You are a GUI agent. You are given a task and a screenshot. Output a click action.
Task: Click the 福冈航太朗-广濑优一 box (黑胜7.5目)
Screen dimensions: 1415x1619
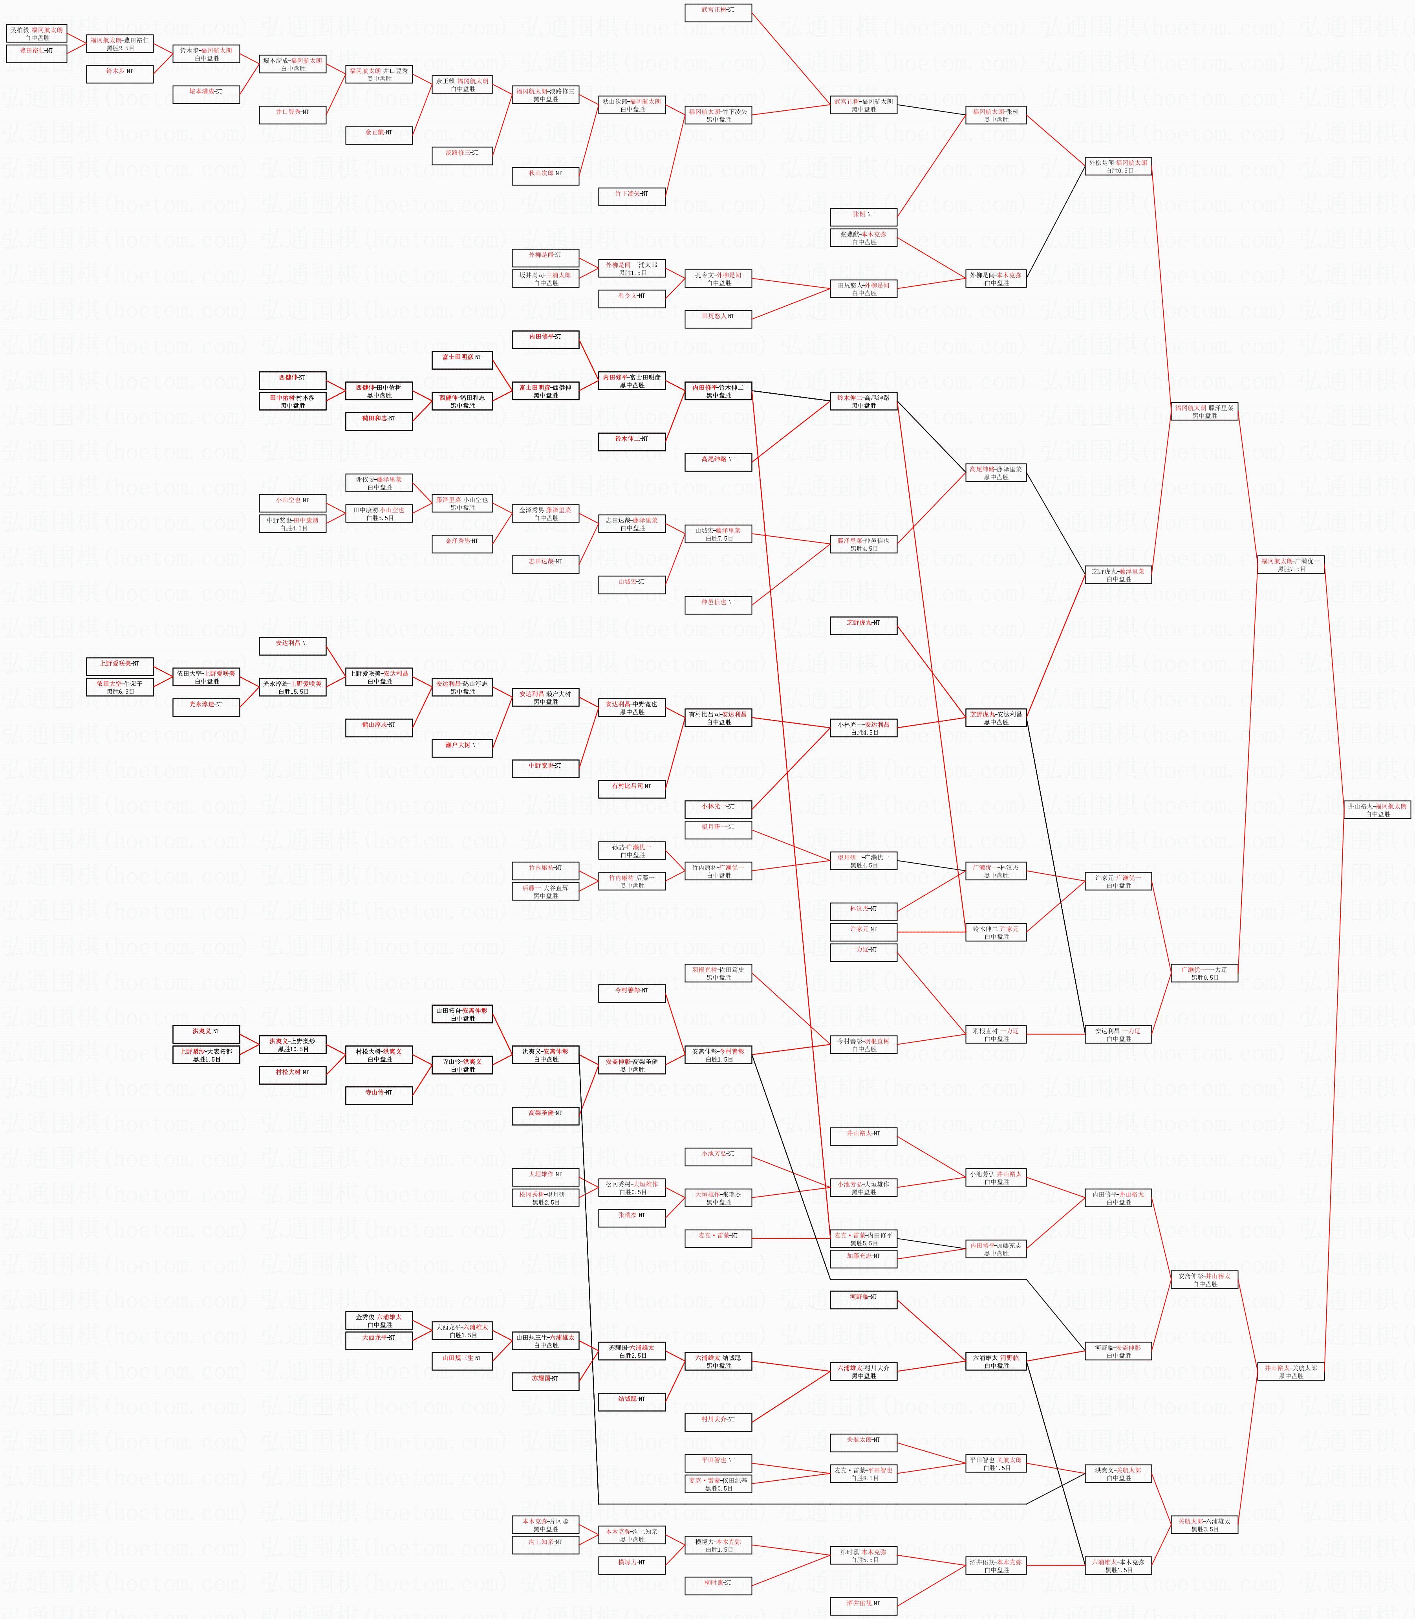pyautogui.click(x=1290, y=565)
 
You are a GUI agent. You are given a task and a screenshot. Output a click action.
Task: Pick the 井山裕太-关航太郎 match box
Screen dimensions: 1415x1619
pyautogui.click(x=1290, y=1372)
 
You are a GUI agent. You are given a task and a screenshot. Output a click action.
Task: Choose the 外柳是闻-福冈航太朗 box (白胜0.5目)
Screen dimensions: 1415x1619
pyautogui.click(x=1118, y=166)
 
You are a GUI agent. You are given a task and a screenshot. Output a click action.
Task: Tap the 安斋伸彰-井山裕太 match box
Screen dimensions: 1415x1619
pyautogui.click(x=1204, y=1280)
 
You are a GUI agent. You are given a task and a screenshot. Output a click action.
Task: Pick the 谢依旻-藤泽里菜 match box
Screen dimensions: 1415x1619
pyautogui.click(x=379, y=482)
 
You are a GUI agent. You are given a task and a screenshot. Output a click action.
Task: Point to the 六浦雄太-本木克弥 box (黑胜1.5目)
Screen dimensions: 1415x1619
pyautogui.click(x=1118, y=1565)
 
